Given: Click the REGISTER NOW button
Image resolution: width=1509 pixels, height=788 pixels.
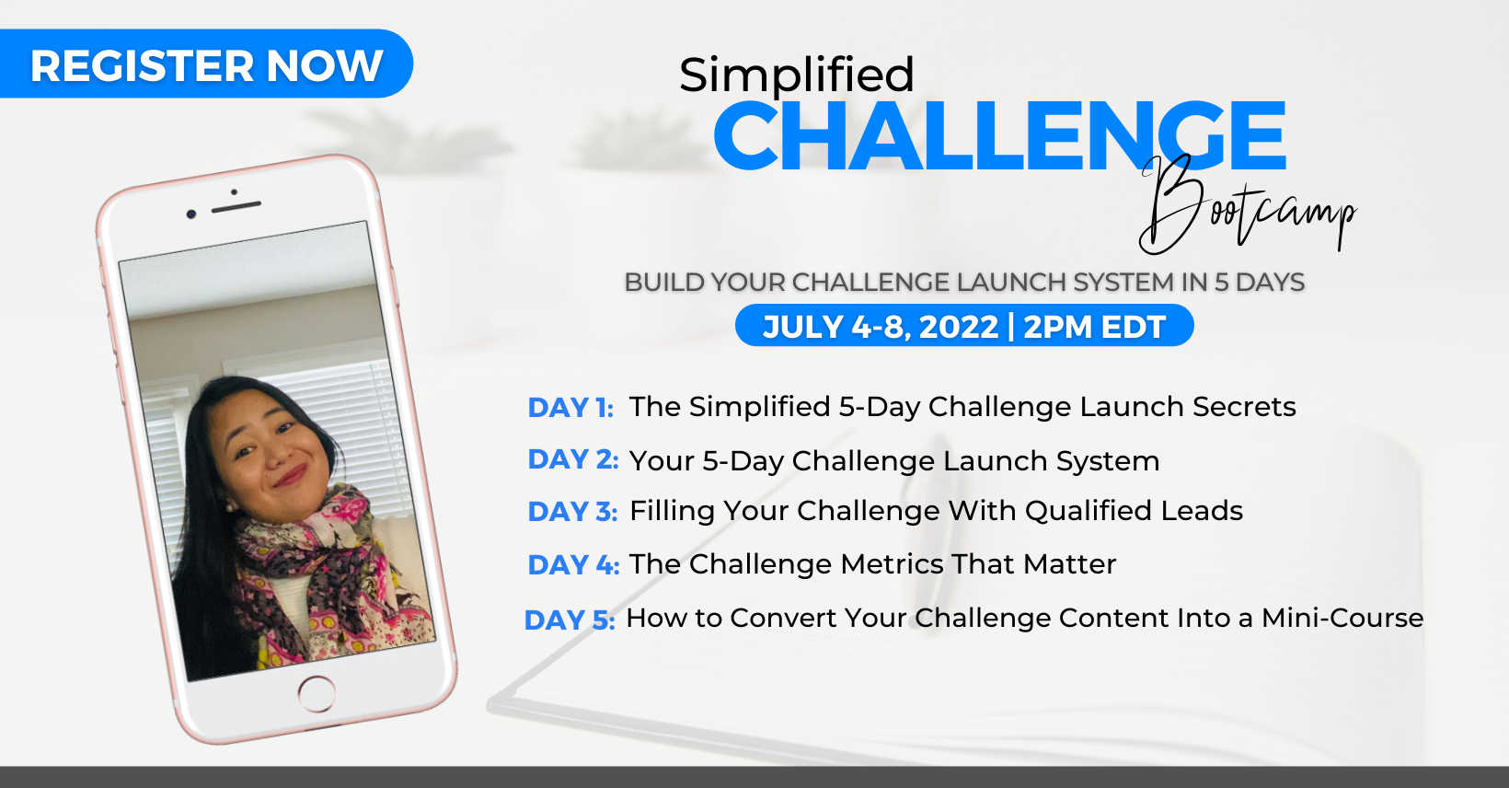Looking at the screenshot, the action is tap(205, 64).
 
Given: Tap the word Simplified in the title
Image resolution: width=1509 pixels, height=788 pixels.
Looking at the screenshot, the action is tap(796, 75).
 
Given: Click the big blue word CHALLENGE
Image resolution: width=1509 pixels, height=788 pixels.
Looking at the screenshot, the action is tap(999, 135).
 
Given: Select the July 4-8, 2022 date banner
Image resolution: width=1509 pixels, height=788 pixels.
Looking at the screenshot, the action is tap(964, 326).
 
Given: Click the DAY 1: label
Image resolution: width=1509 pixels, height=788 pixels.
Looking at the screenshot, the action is tap(570, 408).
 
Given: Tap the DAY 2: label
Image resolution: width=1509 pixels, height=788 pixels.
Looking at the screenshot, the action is tap(573, 459).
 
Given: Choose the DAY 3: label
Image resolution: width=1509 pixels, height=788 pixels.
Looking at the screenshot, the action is tap(572, 512).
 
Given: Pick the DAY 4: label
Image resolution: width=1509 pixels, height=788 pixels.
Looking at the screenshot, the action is tap(573, 565).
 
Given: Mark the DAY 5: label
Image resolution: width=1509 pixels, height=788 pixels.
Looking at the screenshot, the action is tap(570, 620).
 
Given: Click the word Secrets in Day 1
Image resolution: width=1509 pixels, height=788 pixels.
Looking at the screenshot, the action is tap(1244, 407).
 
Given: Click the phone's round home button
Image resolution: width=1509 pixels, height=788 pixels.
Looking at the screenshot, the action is tap(317, 693).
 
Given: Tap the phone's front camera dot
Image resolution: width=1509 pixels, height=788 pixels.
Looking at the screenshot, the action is tap(191, 214).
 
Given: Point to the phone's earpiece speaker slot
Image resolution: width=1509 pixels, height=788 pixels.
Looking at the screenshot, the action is tap(236, 206).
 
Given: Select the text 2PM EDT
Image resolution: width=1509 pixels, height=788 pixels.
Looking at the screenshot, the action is tap(1094, 327).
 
